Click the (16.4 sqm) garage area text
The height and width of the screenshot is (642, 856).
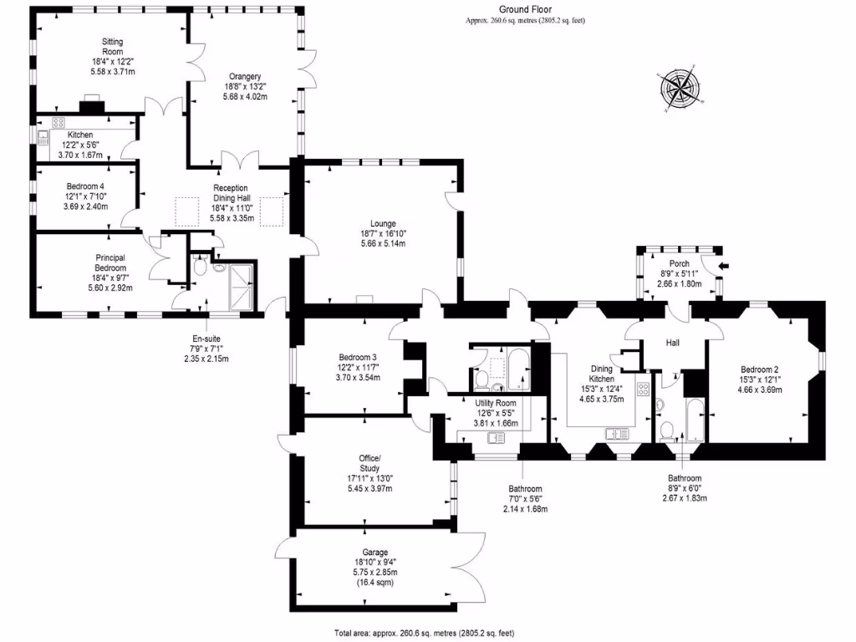click(374, 583)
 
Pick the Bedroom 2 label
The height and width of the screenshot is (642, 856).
click(759, 369)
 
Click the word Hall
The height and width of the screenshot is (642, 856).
click(673, 343)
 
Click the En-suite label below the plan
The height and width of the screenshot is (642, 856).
click(206, 339)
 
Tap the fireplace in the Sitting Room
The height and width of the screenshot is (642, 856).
click(90, 106)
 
